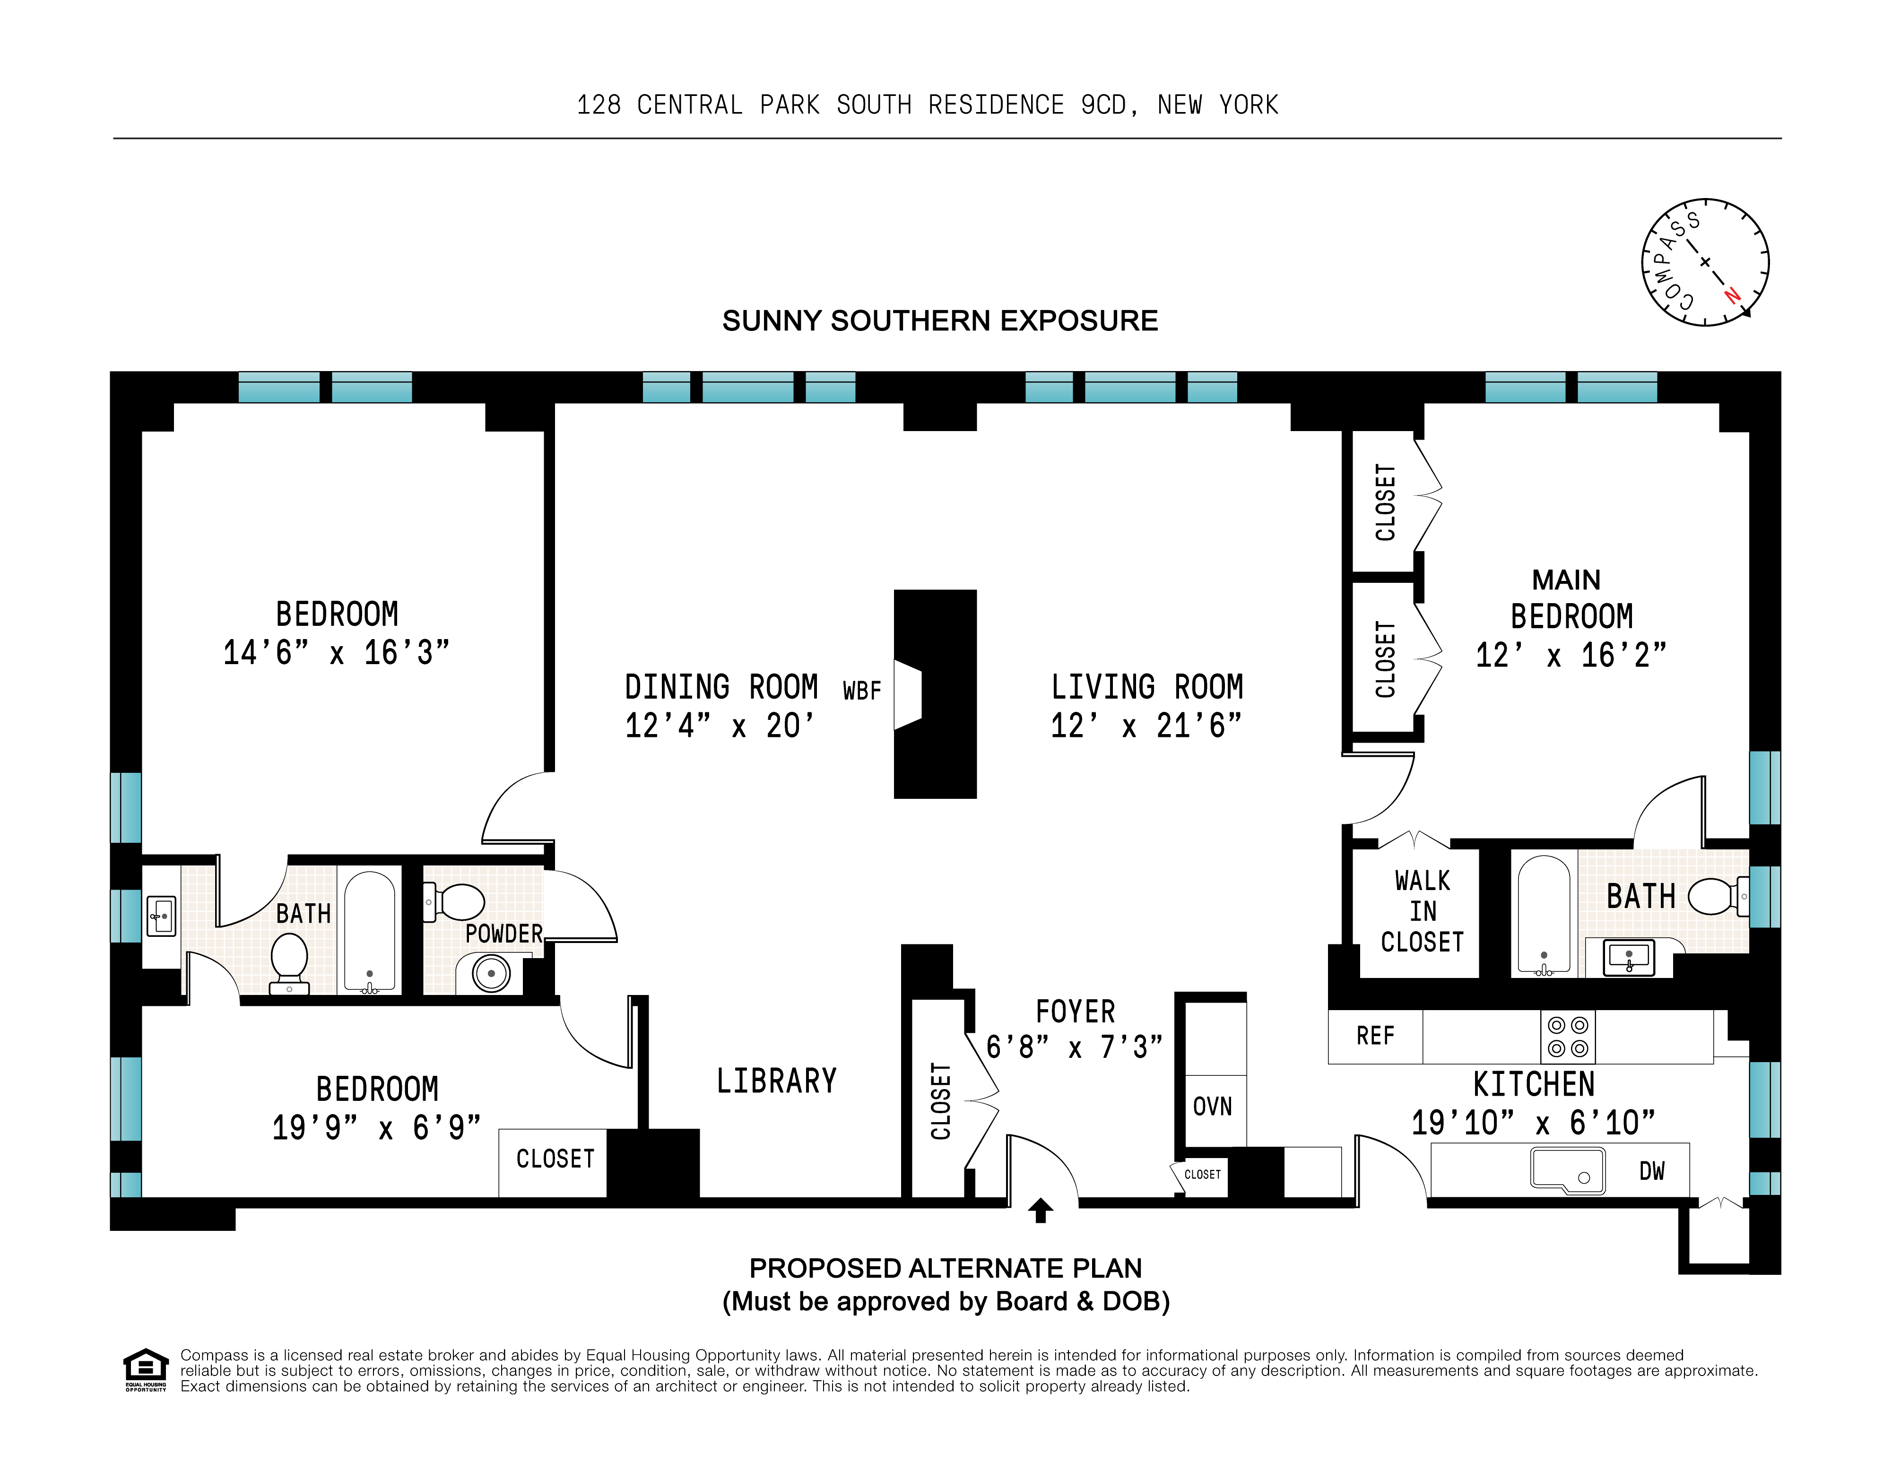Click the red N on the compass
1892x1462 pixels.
(x=1732, y=295)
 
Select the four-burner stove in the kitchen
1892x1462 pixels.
(x=1568, y=1037)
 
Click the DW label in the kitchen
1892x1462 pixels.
(x=1651, y=1171)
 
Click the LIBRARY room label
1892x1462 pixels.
(x=776, y=1081)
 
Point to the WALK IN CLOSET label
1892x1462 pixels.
(x=1422, y=911)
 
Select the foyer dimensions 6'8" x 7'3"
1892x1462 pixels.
(x=1074, y=1047)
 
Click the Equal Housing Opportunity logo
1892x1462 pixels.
(x=146, y=1368)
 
